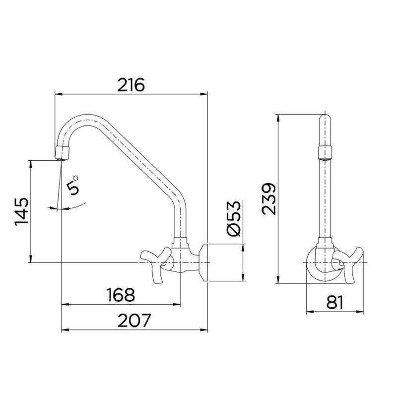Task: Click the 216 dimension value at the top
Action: (x=131, y=85)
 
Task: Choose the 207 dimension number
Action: (x=134, y=321)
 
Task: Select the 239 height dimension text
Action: (x=268, y=199)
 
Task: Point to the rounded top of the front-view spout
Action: (x=324, y=119)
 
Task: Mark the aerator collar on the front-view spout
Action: (x=324, y=152)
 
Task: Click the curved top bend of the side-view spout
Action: (x=74, y=122)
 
